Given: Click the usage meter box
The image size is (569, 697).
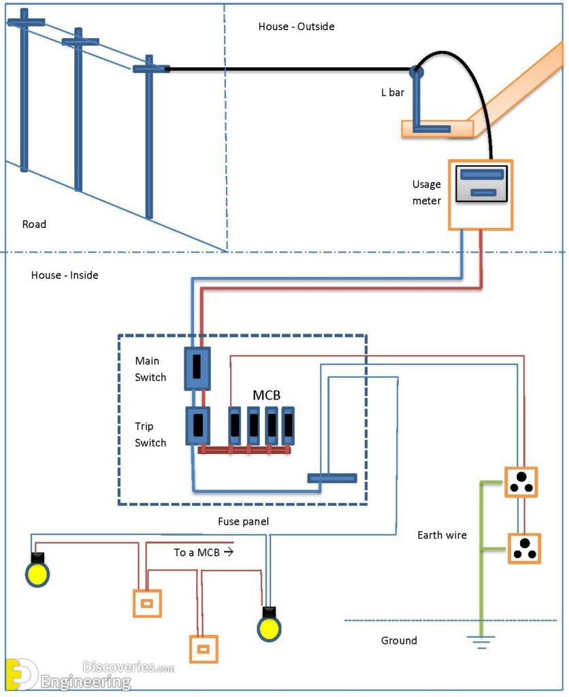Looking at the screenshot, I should (480, 195).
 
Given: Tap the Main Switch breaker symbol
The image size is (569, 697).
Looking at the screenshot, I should (197, 368).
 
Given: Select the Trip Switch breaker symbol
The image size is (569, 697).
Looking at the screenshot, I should (197, 425).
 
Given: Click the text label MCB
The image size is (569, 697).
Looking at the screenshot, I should (266, 395).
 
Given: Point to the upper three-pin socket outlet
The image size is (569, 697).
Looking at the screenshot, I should (521, 483).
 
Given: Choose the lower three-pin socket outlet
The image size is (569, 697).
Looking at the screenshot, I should (524, 549).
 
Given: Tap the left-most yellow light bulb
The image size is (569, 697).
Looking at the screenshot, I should (37, 572).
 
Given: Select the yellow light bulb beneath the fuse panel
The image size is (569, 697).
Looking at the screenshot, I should (269, 626).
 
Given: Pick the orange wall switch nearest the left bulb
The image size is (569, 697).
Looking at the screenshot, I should (146, 602).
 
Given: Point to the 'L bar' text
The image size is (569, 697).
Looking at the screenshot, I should (393, 92).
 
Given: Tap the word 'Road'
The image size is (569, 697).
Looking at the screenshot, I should (34, 224).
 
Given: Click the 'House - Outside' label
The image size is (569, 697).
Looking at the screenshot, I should (296, 27).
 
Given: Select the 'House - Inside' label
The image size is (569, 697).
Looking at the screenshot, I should (65, 276).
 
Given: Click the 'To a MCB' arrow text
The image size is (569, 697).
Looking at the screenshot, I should (204, 552).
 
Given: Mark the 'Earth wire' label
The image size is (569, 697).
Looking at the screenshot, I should (442, 535).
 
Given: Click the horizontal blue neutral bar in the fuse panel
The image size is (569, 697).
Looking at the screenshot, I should (331, 478).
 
